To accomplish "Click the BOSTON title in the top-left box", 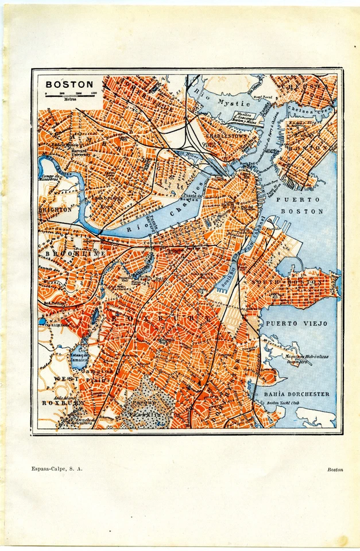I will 69,84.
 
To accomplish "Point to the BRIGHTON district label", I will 56,210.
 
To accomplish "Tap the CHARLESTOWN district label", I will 220,138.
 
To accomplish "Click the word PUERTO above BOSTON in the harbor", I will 297,200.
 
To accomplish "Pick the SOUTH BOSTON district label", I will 293,283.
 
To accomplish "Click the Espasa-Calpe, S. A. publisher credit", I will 57,469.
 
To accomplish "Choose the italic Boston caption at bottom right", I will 335,469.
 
